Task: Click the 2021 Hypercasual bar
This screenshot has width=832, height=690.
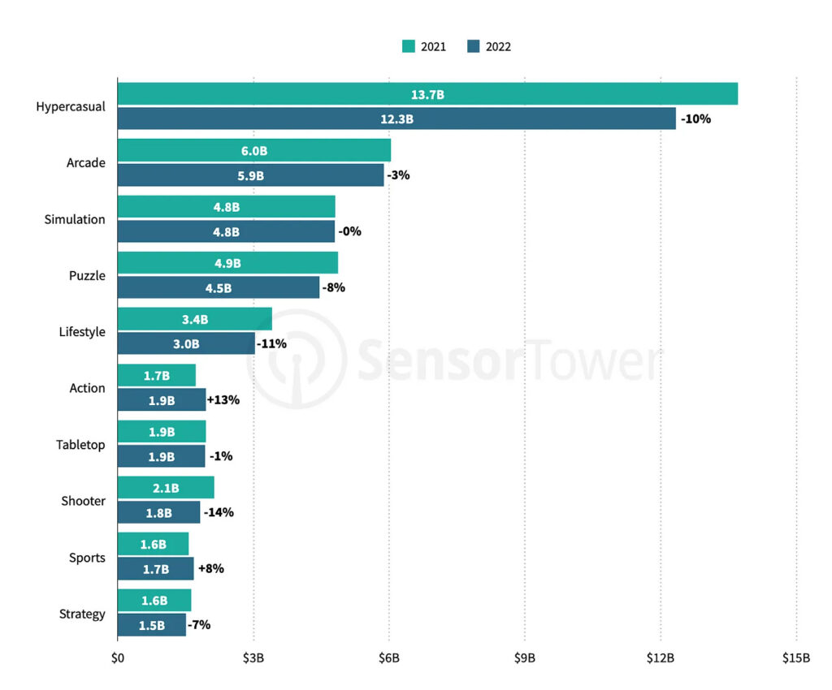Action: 427,94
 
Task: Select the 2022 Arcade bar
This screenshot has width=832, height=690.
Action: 250,175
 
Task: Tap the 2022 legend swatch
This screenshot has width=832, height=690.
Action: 474,46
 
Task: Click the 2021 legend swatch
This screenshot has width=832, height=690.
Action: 409,46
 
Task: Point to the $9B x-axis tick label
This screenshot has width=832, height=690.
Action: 525,658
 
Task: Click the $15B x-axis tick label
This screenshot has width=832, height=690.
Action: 795,658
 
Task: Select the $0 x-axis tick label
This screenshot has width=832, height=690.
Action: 118,658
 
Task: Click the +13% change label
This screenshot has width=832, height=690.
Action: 223,400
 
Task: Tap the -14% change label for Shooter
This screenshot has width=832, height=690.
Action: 219,512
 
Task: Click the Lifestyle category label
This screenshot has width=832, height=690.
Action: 82,332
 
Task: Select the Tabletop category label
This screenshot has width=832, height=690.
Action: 80,445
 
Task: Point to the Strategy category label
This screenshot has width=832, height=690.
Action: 82,614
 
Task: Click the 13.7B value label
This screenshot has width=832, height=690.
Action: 427,95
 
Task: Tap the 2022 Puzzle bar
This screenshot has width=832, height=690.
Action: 219,287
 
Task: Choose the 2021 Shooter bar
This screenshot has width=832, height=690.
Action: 166,488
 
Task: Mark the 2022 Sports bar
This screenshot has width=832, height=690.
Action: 155,569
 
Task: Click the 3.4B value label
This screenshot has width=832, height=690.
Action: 195,320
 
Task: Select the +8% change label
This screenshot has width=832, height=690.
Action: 210,569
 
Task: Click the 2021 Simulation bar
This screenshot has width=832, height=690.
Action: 226,207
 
